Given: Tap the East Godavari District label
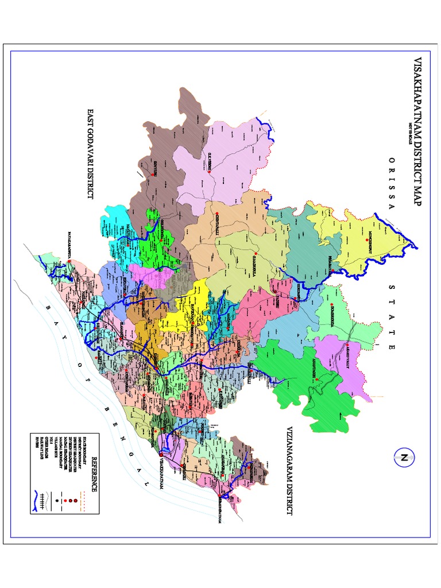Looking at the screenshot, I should pyautogui.click(x=90, y=153).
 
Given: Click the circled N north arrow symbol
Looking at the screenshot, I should pyautogui.click(x=404, y=458).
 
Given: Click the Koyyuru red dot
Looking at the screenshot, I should pyautogui.click(x=153, y=171).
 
